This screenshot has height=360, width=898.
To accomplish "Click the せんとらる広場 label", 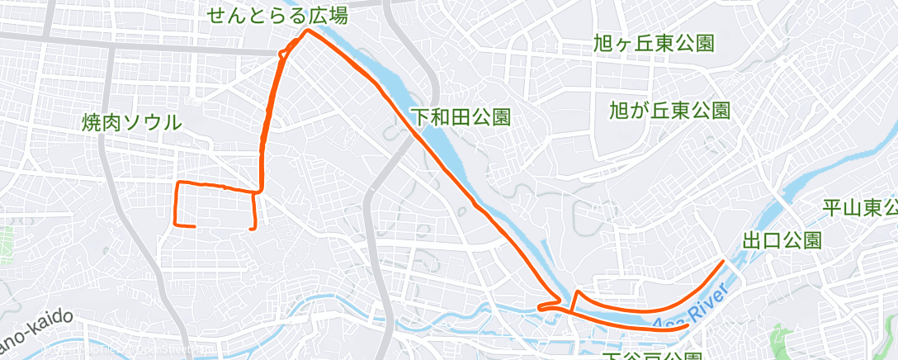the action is [277, 16].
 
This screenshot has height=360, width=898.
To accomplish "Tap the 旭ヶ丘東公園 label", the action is [653, 44].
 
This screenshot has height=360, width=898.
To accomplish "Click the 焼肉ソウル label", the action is [131, 123].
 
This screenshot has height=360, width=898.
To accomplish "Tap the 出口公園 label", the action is [782, 240].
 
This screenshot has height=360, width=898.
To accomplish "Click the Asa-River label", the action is [691, 310].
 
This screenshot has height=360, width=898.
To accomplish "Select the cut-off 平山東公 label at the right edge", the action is [860, 206].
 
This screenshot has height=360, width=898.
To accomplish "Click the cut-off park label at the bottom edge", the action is [640, 356].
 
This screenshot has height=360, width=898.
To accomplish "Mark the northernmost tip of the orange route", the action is [307, 31].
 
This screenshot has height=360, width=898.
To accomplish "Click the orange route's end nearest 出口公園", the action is [724, 261].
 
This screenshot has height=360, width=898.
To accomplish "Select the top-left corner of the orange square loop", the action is [178, 182].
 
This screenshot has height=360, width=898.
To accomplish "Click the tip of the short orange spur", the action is [576, 291].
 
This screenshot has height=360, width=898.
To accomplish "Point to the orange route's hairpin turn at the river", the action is [539, 307].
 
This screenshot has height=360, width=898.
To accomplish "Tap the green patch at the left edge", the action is [4, 240].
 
